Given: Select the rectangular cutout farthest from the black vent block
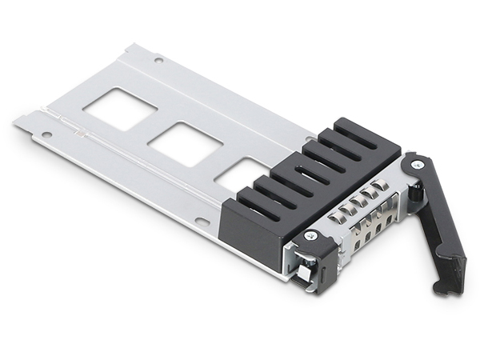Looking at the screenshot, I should pos(120,108).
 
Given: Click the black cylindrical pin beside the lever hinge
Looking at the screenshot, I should pos(417,191).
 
